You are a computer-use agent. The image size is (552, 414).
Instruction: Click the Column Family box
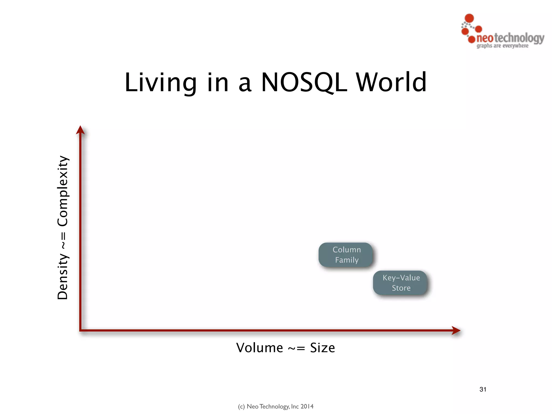(x=346, y=255)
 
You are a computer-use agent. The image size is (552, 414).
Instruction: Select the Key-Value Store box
(x=401, y=283)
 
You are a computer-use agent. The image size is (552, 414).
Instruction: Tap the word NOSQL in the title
(x=304, y=82)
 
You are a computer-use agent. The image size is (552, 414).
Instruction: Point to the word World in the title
(x=391, y=82)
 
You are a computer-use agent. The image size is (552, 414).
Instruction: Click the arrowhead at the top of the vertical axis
(x=80, y=130)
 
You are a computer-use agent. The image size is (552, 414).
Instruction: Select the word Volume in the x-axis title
(x=260, y=348)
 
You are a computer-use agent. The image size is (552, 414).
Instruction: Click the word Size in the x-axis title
(x=322, y=348)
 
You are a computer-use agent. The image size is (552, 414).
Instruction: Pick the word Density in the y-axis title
(x=63, y=276)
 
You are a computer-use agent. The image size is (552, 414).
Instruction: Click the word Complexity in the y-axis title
(x=63, y=191)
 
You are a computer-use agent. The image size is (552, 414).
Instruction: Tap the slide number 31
(x=483, y=389)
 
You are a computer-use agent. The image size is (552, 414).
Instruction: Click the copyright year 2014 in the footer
(x=307, y=406)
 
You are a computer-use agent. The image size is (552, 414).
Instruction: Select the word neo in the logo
(x=485, y=38)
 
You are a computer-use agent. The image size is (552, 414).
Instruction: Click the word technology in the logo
(x=519, y=38)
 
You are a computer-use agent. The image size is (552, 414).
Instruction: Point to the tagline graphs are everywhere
(x=502, y=46)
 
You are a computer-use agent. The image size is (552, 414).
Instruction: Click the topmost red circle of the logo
(x=470, y=18)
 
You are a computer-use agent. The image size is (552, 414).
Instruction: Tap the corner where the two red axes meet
(x=81, y=330)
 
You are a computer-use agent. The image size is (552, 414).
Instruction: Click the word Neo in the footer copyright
(x=253, y=406)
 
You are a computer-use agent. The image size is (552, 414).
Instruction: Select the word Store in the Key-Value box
(x=401, y=288)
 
